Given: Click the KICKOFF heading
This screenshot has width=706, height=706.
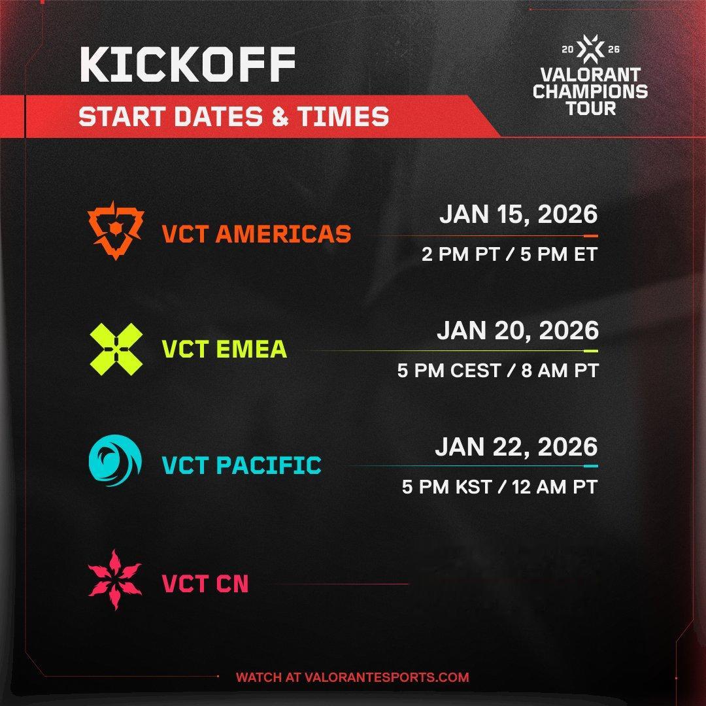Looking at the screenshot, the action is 188,64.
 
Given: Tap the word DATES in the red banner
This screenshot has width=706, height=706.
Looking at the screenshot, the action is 218,116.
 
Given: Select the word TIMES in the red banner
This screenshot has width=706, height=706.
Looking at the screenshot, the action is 343,116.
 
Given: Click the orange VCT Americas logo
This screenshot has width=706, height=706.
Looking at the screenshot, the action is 116,230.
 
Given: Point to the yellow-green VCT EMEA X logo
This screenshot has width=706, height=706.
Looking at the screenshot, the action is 116,349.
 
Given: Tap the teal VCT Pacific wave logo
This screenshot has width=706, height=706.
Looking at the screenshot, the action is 115,460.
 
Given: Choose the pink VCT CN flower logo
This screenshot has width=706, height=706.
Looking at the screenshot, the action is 115,580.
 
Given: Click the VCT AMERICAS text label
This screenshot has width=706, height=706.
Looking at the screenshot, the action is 256,234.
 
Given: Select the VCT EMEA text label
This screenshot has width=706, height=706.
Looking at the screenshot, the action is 224,349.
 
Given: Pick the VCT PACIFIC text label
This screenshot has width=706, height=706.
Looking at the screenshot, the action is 242,465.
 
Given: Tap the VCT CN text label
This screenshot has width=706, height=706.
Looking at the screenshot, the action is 205,584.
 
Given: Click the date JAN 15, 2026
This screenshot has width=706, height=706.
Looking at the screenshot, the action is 518,214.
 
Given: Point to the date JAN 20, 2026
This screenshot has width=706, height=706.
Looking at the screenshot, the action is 518,331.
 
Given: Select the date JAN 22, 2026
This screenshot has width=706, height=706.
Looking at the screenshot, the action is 516,447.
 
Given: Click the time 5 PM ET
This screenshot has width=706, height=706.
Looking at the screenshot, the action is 559,254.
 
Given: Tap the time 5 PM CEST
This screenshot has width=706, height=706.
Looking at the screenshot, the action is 449,371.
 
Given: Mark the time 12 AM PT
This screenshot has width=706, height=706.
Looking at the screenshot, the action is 555,487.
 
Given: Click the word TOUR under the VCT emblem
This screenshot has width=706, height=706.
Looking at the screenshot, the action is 591,109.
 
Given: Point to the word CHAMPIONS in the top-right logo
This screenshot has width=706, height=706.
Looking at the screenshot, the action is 590,92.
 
